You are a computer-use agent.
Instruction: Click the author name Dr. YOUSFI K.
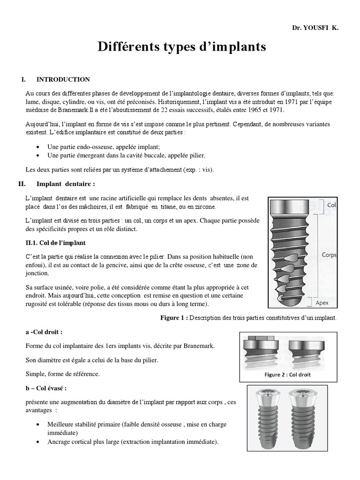(x=315, y=28)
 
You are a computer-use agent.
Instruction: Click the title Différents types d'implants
(x=181, y=47)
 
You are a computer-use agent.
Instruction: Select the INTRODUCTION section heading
(x=63, y=79)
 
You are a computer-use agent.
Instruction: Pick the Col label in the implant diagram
(x=332, y=205)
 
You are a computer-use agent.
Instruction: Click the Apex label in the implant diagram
(x=335, y=303)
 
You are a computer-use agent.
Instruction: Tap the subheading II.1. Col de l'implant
(x=55, y=243)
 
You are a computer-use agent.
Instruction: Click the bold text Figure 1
(x=174, y=318)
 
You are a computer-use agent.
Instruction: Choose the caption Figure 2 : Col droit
(x=287, y=375)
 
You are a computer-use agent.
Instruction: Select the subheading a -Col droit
(x=44, y=332)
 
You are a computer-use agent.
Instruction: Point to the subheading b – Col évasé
(x=46, y=389)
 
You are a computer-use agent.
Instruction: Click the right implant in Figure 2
(x=306, y=352)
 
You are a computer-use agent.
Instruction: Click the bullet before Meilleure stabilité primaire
(x=37, y=425)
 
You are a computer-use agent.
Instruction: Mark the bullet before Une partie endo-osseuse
(x=37, y=147)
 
